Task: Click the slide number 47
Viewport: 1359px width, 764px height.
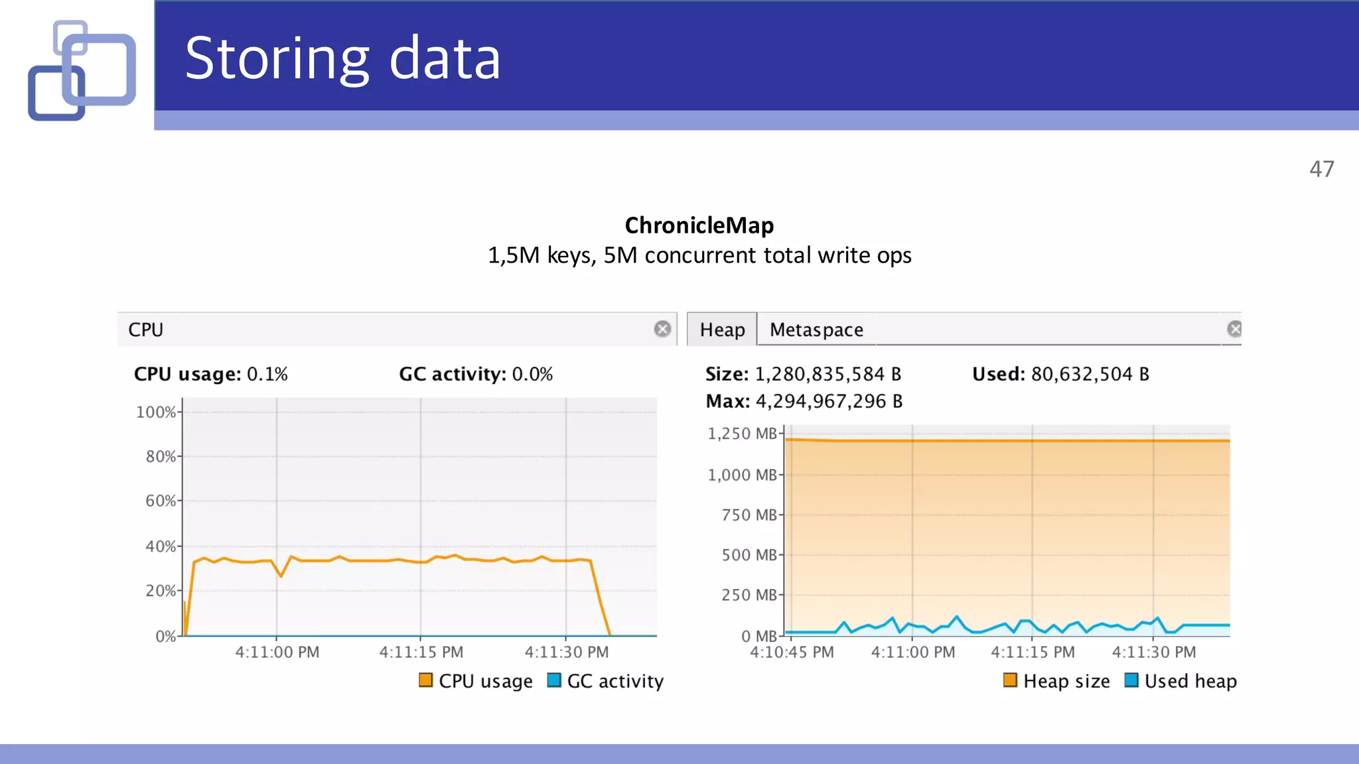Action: click(x=1321, y=169)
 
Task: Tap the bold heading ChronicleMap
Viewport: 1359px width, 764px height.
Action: click(x=699, y=225)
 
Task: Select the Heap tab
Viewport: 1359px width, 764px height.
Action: click(x=722, y=330)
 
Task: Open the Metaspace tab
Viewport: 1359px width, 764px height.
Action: click(x=816, y=330)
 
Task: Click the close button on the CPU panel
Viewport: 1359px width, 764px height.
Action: click(x=662, y=329)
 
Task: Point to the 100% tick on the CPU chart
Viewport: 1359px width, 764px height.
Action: click(x=157, y=412)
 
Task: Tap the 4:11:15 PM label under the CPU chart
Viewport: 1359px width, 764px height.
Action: click(x=421, y=652)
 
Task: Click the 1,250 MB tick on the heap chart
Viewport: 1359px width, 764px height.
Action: click(x=743, y=434)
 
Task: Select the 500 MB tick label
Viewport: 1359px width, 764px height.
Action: click(x=749, y=554)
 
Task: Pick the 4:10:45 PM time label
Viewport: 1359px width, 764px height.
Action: click(x=792, y=652)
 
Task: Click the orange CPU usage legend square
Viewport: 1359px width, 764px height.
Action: click(x=426, y=680)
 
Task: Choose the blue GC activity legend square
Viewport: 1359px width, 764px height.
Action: click(x=554, y=680)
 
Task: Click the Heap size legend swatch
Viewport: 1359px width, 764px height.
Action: click(x=1010, y=680)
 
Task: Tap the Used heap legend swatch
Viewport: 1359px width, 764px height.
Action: click(x=1131, y=680)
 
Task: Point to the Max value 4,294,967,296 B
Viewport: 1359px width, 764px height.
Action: click(x=829, y=401)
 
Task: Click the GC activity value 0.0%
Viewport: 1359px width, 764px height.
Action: click(x=532, y=374)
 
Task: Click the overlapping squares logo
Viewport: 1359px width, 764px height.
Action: click(x=82, y=70)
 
